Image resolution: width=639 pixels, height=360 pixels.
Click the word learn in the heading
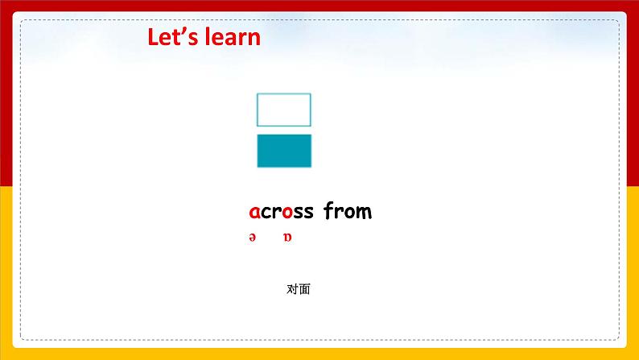click(233, 37)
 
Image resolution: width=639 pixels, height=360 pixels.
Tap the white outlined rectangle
click(283, 93)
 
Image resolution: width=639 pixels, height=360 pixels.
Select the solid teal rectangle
click(284, 151)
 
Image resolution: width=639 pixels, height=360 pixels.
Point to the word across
click(281, 212)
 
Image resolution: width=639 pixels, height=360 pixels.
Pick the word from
click(348, 211)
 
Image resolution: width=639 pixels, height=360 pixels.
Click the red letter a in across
click(254, 213)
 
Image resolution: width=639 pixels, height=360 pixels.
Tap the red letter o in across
click(287, 213)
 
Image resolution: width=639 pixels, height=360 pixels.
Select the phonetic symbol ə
click(253, 238)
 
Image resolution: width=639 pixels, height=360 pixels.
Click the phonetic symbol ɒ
click(288, 238)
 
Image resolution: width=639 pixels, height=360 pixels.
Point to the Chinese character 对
click(293, 289)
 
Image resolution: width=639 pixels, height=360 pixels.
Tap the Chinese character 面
click(304, 289)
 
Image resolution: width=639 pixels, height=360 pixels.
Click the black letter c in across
click(266, 213)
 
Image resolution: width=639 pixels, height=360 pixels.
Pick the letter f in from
click(329, 210)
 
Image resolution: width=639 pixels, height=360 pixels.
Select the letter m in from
click(363, 213)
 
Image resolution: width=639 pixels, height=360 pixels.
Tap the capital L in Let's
click(153, 37)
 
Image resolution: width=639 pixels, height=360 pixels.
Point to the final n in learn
click(254, 39)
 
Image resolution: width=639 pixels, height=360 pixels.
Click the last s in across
click(309, 213)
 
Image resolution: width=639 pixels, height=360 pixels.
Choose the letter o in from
click(348, 213)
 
